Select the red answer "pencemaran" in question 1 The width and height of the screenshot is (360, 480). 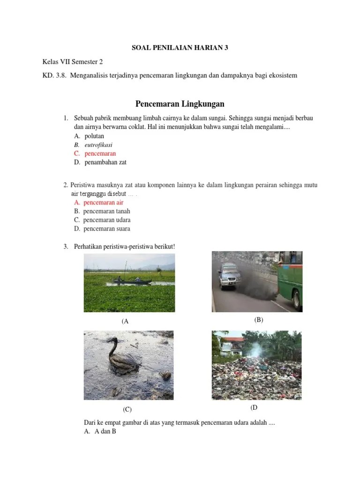tap(100, 153)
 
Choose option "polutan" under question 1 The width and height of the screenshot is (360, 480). tap(94, 136)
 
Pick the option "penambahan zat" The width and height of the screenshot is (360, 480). tap(105, 162)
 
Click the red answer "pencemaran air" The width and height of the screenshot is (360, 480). tap(103, 202)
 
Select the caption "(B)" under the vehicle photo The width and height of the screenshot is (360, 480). tap(259, 320)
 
